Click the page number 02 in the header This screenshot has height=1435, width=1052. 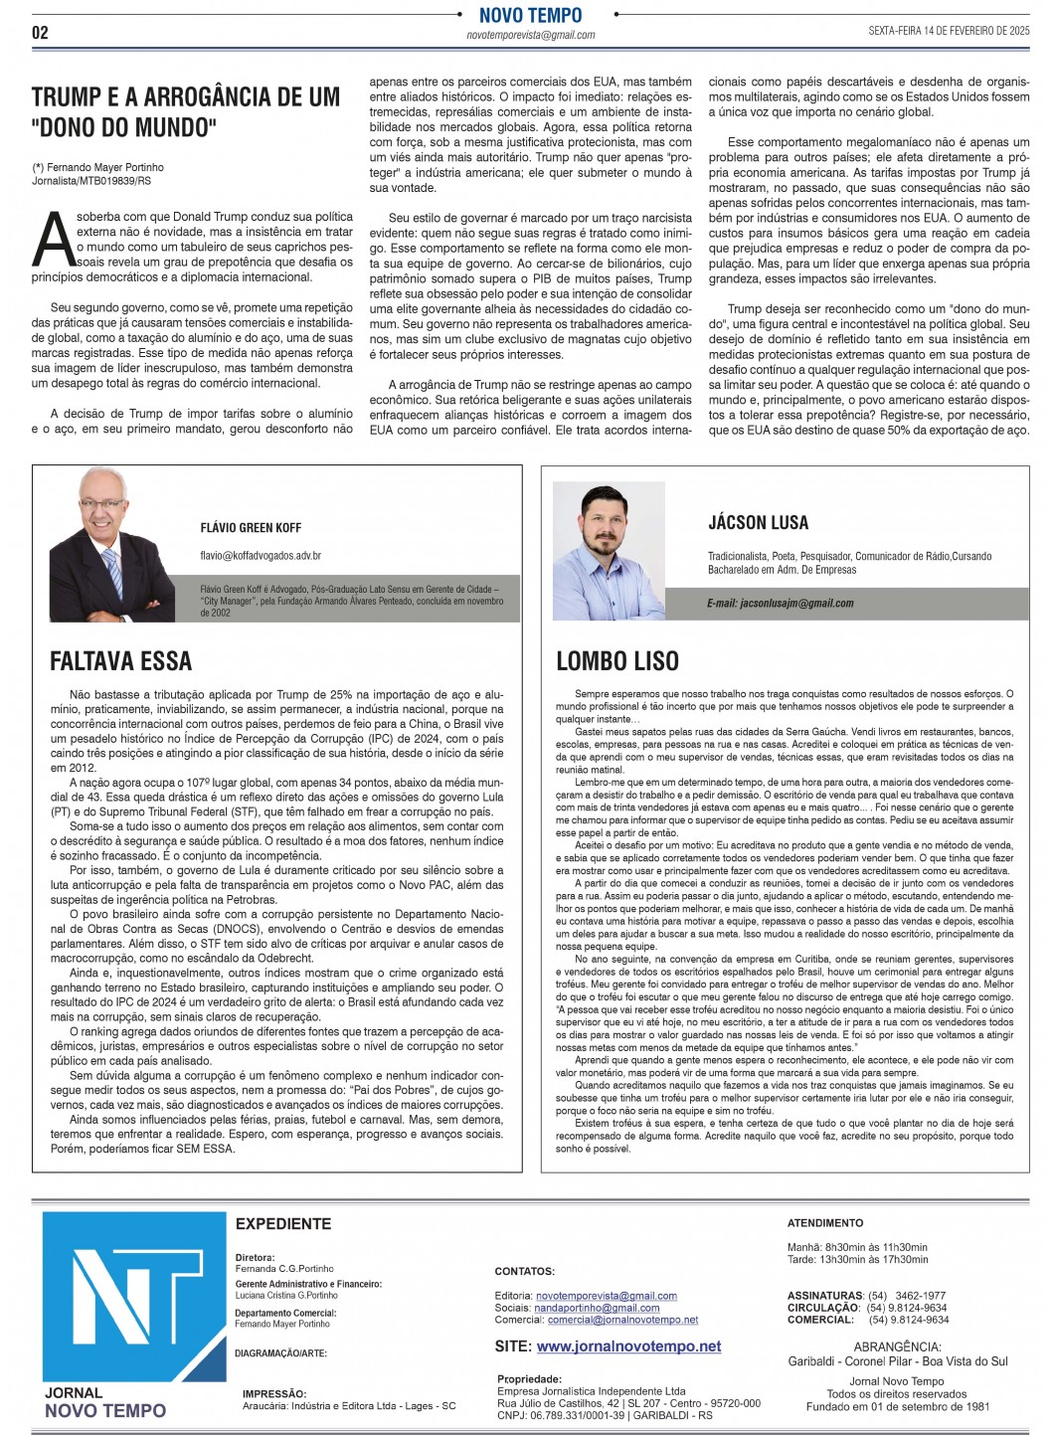(x=40, y=33)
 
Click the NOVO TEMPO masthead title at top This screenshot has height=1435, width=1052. (x=530, y=15)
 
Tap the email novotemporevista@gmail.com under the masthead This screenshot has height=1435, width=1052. (x=531, y=36)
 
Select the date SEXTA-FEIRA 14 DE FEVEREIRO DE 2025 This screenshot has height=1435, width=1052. (x=949, y=31)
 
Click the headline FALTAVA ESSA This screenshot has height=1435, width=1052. (x=120, y=661)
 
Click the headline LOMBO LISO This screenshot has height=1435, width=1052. (x=617, y=661)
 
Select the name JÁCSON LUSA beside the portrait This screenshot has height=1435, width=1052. (x=758, y=523)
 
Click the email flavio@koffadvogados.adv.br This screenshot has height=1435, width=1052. (x=261, y=556)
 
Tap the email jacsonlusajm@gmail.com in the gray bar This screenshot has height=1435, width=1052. (x=781, y=604)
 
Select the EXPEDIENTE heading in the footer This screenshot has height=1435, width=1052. (x=283, y=1224)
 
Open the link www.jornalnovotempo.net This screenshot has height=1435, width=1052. (x=628, y=1346)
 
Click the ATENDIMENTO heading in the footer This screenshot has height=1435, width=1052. (x=825, y=1223)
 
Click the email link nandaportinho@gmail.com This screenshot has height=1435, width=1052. (x=597, y=1308)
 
